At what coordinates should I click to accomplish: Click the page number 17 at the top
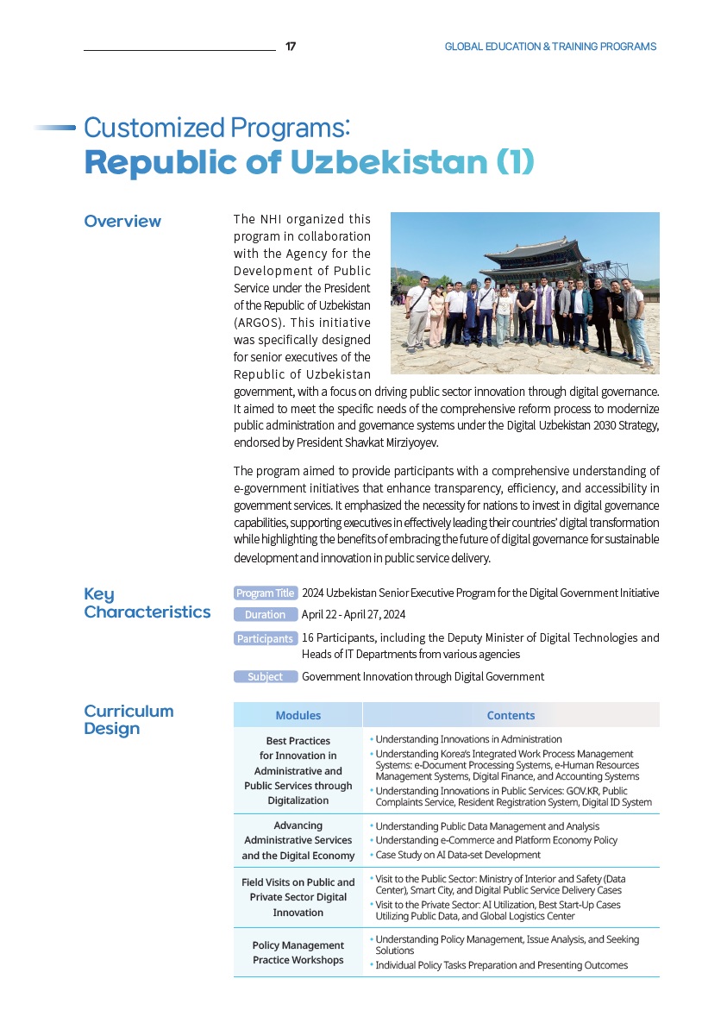pos(291,47)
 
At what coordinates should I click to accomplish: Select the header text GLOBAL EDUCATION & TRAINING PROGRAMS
pos(550,47)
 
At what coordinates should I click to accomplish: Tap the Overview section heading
pos(122,222)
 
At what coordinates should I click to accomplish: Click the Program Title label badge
pos(266,593)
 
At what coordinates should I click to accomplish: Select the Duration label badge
pos(266,615)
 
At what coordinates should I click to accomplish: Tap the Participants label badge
pos(266,639)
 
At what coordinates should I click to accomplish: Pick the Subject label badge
pos(266,677)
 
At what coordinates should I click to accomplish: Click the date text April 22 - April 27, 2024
pos(354,615)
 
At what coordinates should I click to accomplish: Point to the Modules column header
pos(298,715)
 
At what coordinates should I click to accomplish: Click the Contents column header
pos(511,715)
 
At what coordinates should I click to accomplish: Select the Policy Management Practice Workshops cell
pos(298,952)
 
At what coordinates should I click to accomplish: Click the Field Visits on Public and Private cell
pos(298,897)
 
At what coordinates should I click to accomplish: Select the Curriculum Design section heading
pos(128,719)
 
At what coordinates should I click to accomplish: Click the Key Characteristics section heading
pos(147,603)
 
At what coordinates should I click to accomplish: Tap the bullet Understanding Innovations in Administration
pos(468,739)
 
